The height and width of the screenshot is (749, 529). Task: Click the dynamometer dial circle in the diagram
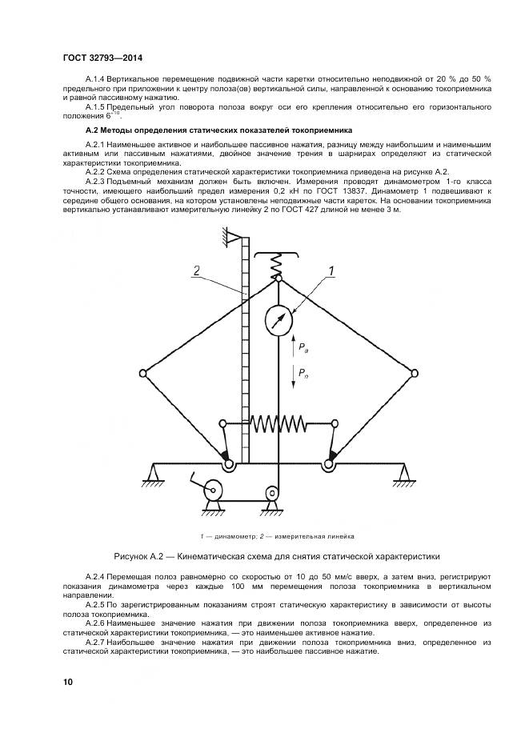tap(278, 320)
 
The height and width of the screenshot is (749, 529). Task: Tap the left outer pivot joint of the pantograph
tap(143, 372)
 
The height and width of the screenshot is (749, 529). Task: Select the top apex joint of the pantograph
tap(278, 278)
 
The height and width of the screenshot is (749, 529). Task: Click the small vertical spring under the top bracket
tap(278, 262)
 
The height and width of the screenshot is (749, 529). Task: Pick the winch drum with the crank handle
tap(214, 489)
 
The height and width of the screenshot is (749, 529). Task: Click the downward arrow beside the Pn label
tap(293, 376)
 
